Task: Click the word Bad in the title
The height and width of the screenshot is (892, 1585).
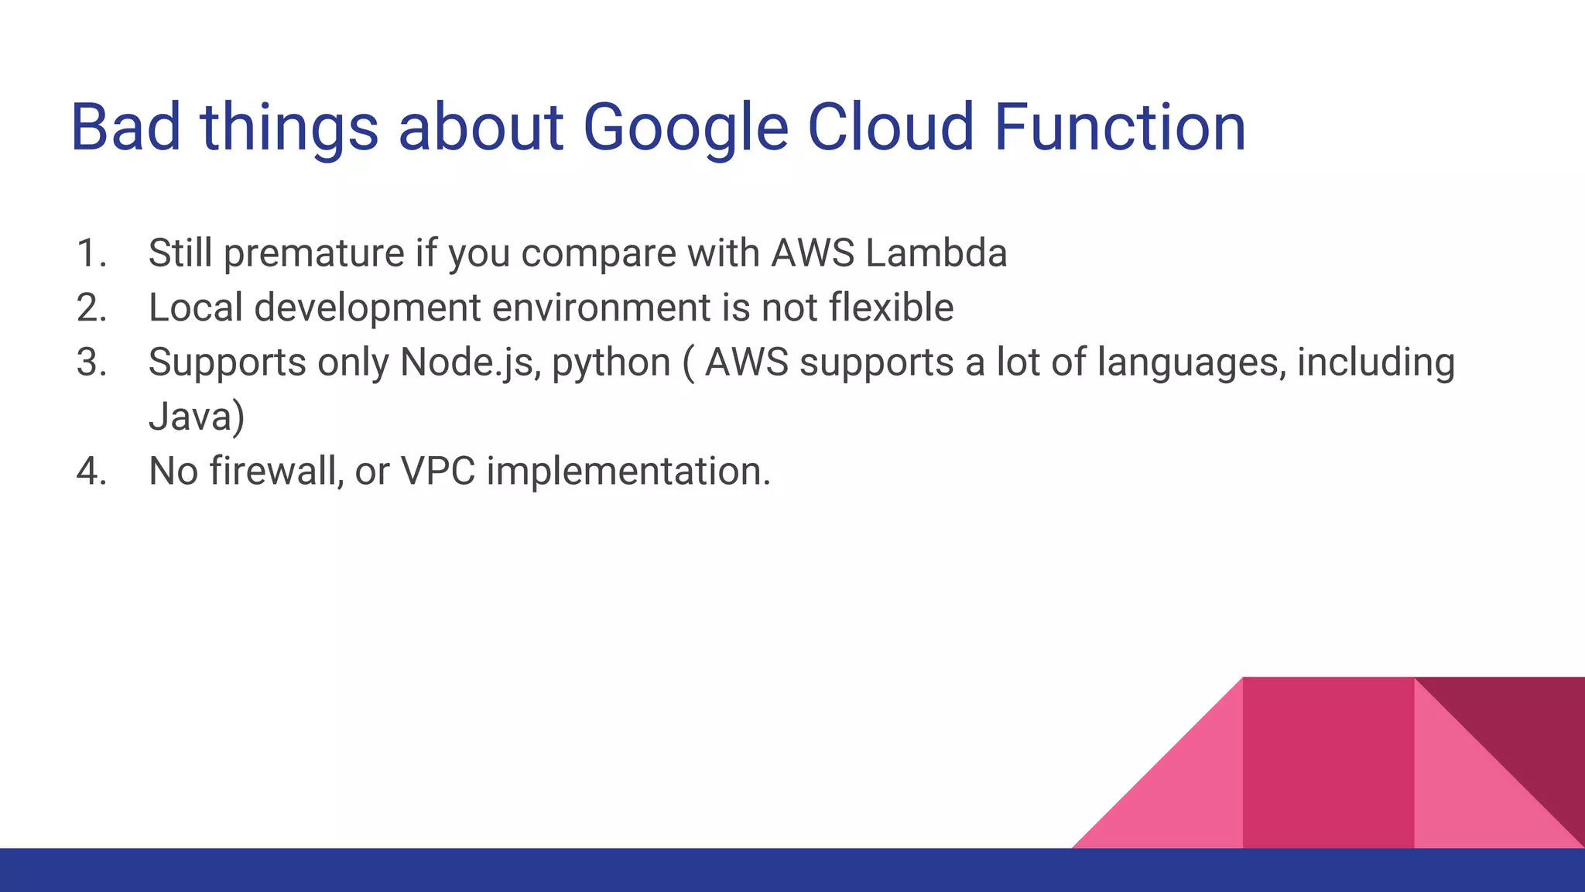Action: point(126,128)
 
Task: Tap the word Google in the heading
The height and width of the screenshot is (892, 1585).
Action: point(685,128)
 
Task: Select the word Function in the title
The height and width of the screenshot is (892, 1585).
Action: point(1120,128)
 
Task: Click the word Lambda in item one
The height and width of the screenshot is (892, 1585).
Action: point(936,254)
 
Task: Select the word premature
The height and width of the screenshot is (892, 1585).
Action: point(313,254)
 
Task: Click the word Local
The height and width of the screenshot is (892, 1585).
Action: point(196,308)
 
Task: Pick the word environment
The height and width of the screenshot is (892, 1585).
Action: point(601,308)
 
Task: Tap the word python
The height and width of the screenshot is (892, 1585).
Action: point(611,363)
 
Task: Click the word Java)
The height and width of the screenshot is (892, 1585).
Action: point(197,417)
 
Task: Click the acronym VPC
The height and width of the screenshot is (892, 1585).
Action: point(437,472)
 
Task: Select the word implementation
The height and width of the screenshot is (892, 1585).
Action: point(628,472)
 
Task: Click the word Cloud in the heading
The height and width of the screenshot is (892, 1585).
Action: point(890,128)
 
